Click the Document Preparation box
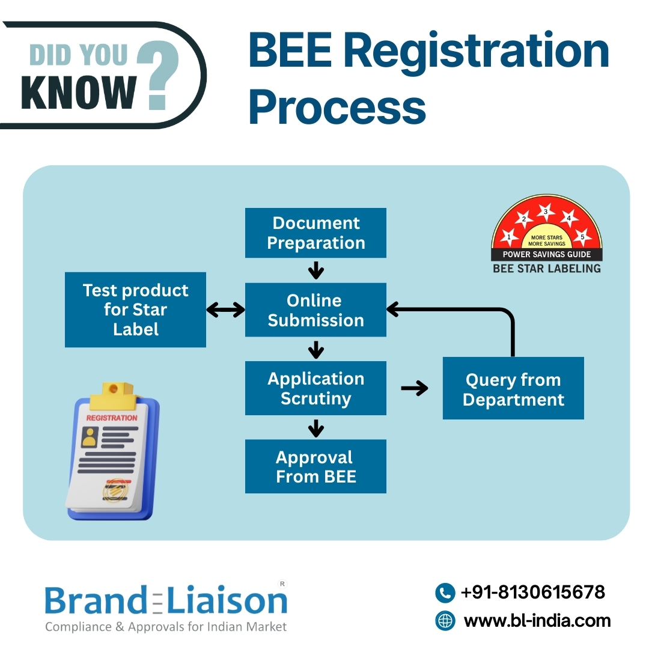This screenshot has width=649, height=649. point(315,233)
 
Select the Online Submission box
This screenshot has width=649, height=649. point(315,309)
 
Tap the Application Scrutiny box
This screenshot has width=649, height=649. point(315,388)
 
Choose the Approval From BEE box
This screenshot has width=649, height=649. point(315,466)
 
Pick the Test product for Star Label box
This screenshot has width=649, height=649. point(135,309)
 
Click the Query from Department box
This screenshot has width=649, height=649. point(513,389)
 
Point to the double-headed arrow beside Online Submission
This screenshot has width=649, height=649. point(225,310)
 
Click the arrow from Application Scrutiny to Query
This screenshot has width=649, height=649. point(415,389)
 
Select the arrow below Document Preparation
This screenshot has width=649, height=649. point(315,270)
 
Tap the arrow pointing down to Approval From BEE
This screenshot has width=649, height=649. point(315,428)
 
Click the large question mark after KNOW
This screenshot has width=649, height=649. point(159,79)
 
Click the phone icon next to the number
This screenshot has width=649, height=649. point(445,593)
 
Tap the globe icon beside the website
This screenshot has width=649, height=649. point(445,620)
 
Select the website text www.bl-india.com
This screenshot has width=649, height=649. point(537,620)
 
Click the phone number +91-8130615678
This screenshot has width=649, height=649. point(532,593)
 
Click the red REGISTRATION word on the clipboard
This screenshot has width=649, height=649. point(112,418)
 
